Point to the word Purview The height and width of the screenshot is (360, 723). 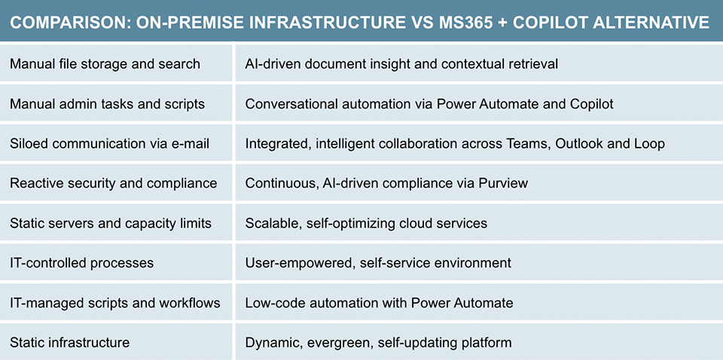[x=504, y=183]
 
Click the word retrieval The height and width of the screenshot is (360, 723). [x=532, y=64]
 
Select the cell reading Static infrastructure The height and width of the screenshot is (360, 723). [x=69, y=343]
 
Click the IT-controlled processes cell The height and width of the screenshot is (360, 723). [x=81, y=263]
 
